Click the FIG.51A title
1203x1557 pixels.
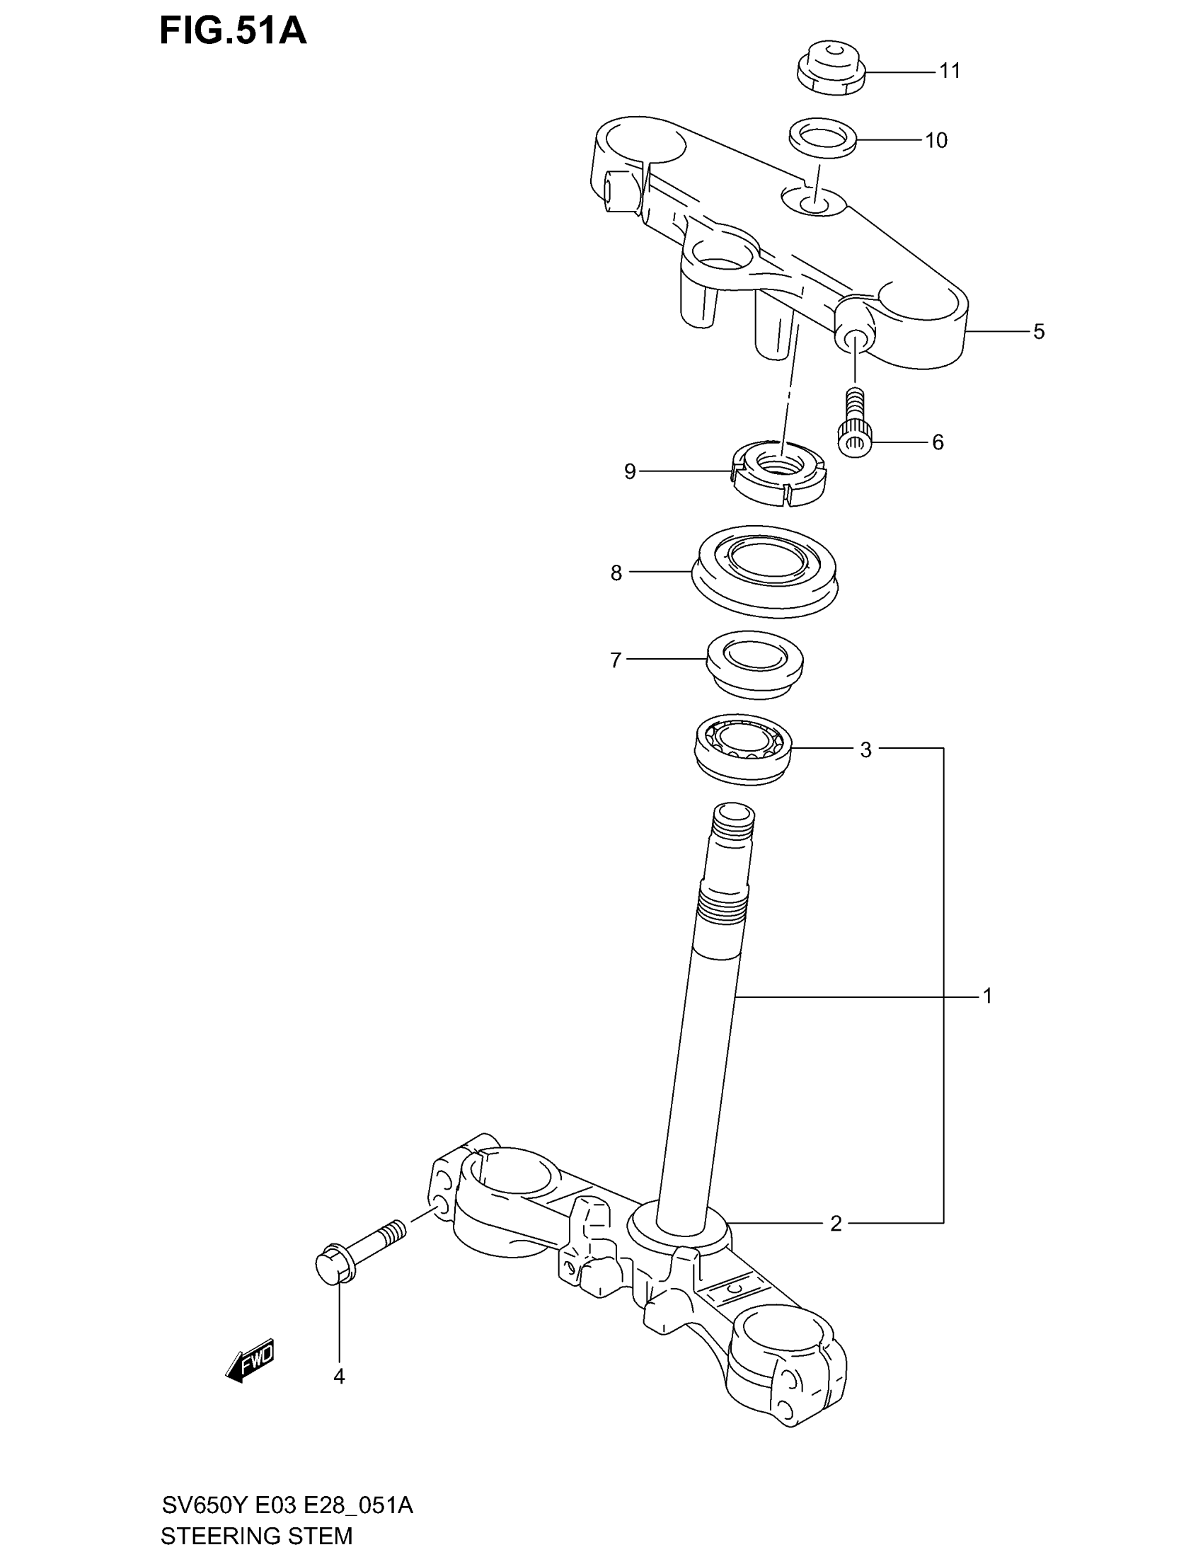pyautogui.click(x=233, y=32)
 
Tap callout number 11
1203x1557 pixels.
pyautogui.click(x=949, y=71)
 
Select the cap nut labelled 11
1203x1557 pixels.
pyautogui.click(x=830, y=67)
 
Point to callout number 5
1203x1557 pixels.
pyautogui.click(x=1039, y=331)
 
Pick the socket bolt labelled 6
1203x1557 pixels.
pyautogui.click(x=853, y=425)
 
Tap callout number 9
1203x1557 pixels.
pyautogui.click(x=630, y=471)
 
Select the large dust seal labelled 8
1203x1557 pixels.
pyautogui.click(x=765, y=572)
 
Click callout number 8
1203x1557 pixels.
pyautogui.click(x=616, y=573)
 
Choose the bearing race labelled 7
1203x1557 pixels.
pyautogui.click(x=755, y=662)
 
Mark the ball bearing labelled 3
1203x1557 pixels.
pyautogui.click(x=743, y=750)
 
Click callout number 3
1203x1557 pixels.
pyautogui.click(x=865, y=750)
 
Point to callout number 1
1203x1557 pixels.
pyautogui.click(x=987, y=995)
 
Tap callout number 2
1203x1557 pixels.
pyautogui.click(x=836, y=1224)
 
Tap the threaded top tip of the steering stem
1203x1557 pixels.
pyautogui.click(x=733, y=827)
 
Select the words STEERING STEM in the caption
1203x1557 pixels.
pyautogui.click(x=257, y=1536)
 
